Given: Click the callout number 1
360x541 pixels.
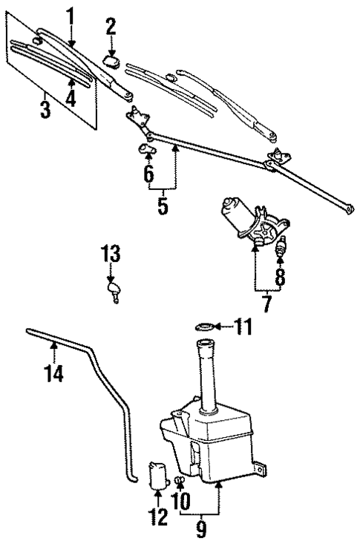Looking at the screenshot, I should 71,14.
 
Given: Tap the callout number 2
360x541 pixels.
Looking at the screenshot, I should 111,27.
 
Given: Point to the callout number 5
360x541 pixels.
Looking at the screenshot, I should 162,206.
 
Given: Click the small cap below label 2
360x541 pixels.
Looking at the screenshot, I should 113,61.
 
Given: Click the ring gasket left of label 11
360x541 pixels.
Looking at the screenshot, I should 206,325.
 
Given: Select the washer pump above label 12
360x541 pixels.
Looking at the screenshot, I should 158,475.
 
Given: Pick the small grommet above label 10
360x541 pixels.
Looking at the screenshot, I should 179,480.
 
